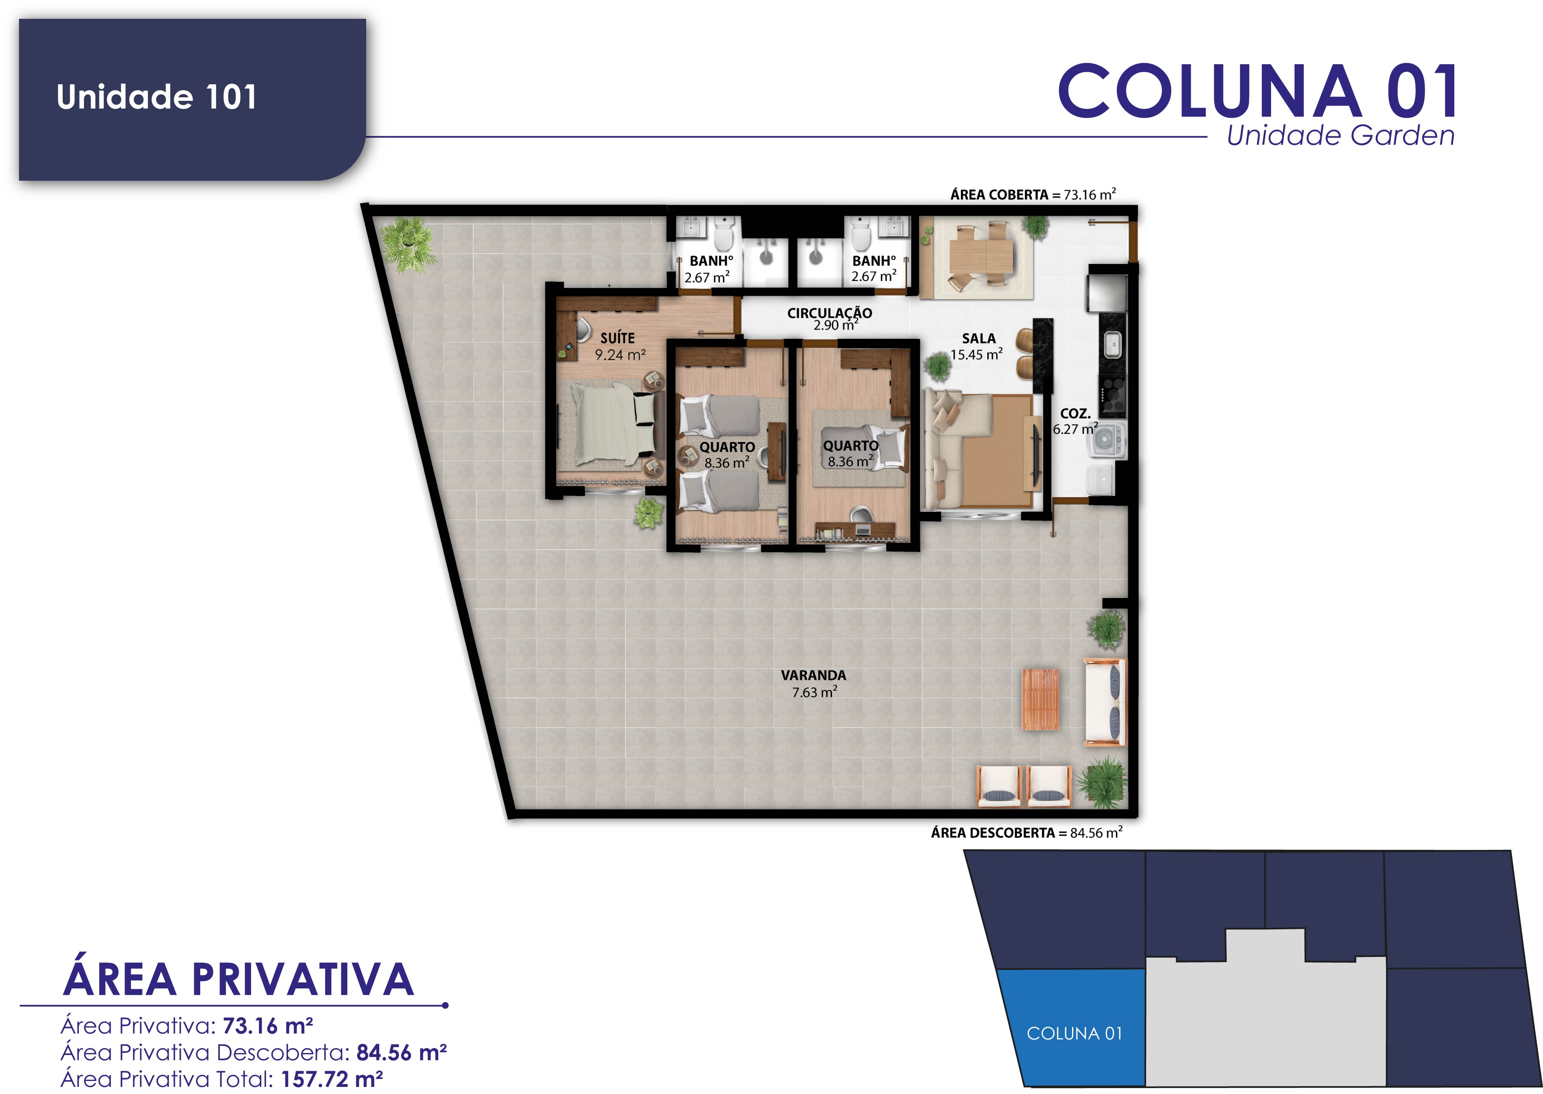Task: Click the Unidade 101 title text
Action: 156,97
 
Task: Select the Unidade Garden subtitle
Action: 1340,136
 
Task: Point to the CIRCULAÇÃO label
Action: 830,312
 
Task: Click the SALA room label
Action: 978,338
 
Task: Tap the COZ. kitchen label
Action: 1075,413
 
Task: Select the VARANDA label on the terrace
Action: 813,675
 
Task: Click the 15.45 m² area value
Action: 976,354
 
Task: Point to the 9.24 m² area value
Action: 620,354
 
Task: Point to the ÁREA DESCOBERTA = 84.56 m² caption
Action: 1026,833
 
